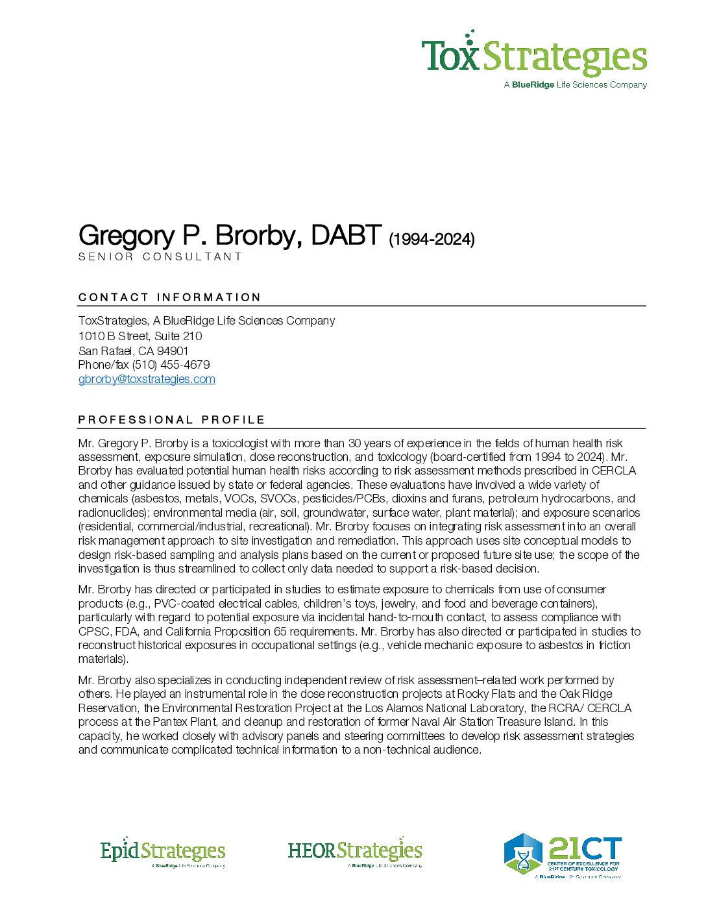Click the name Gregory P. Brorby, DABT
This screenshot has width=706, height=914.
pos(230,235)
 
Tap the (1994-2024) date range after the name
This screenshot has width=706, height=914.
pos(432,240)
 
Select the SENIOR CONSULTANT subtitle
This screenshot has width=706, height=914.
pos(160,256)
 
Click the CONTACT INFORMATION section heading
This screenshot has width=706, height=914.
pos(169,297)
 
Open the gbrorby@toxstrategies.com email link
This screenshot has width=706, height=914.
pos(147,379)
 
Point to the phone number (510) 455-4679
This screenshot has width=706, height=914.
pos(171,365)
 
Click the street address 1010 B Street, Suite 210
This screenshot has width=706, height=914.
pos(140,336)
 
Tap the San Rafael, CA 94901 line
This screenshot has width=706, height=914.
pos(134,351)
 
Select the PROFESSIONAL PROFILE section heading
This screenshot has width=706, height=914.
pos(171,420)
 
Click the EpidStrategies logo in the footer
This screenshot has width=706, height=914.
pos(162,852)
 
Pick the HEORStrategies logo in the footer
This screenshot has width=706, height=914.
pos(355,852)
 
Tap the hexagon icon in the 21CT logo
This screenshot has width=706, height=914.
pos(523,853)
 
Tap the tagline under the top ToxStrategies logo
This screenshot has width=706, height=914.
pos(576,85)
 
